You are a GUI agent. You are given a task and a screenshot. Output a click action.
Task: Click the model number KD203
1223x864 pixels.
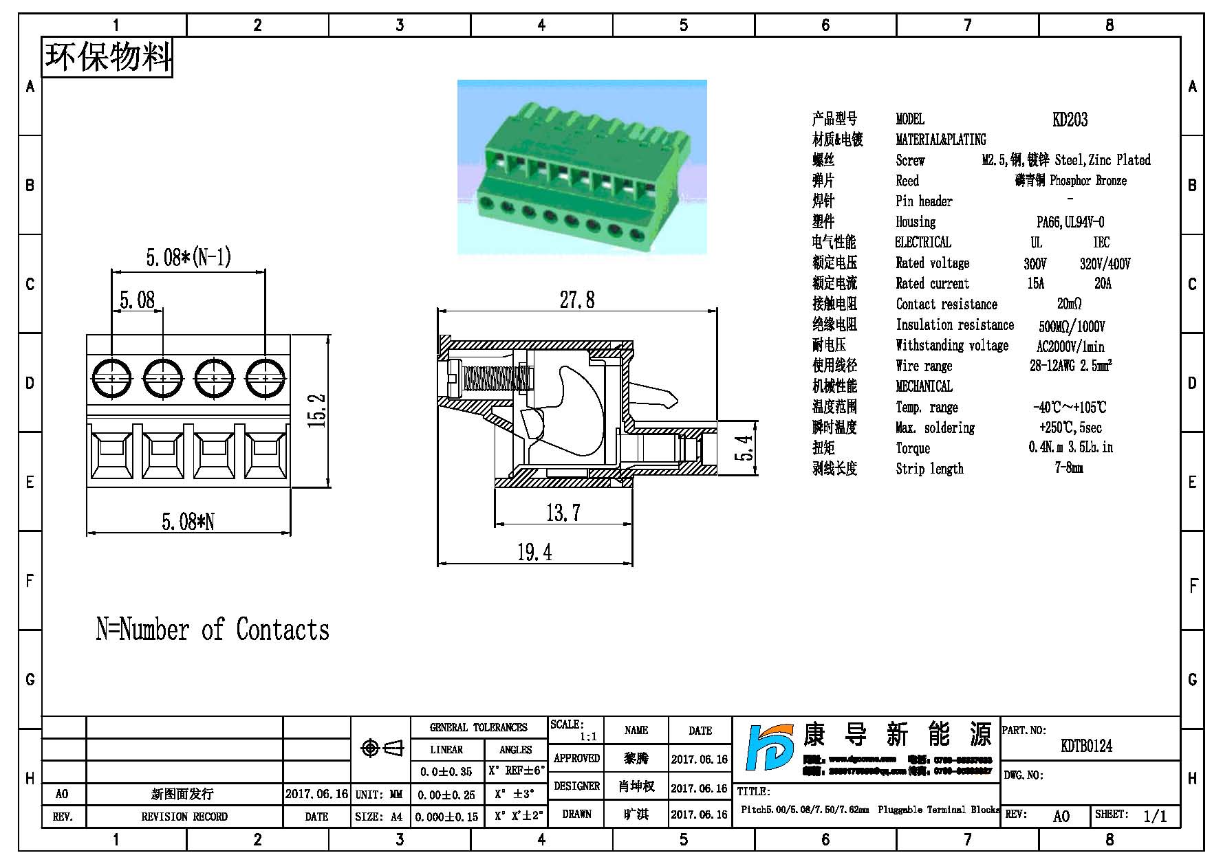coord(1070,120)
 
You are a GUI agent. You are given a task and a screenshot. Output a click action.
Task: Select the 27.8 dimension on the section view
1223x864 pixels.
coord(576,300)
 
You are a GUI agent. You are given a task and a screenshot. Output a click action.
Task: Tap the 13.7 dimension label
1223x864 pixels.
coord(563,513)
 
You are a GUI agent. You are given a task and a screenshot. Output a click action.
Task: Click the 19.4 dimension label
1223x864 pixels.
coord(534,552)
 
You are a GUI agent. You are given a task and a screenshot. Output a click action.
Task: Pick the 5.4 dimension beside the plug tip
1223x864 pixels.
coord(745,448)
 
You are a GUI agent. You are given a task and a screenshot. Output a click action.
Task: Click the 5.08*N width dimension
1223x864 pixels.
coord(188,522)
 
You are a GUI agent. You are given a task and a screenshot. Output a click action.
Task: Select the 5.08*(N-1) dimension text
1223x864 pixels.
coord(188,258)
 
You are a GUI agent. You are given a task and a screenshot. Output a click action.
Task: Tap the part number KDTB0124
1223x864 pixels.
coord(1086,746)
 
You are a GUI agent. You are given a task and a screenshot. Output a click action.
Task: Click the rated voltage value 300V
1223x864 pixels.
coord(1035,264)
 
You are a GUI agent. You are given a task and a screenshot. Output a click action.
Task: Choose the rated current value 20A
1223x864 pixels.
coord(1102,284)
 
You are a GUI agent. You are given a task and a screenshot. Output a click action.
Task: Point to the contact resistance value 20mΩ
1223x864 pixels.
coord(1069,304)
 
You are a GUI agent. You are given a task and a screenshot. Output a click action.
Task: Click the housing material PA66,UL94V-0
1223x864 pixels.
coord(1070,222)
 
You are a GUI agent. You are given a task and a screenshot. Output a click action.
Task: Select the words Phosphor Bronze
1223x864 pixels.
coord(1088,181)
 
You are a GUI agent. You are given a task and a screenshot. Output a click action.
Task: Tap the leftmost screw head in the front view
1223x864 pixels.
coord(111,378)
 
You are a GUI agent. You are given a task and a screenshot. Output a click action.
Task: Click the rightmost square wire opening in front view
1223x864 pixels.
coord(265,452)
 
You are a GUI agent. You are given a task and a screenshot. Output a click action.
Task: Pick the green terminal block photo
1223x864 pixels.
coord(582,167)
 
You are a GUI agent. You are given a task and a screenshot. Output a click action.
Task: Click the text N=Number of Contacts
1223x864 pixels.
coord(213,630)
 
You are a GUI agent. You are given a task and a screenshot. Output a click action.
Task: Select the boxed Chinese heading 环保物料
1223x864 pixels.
coord(107,57)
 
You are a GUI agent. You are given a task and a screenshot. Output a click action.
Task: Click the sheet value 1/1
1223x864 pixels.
coord(1155,816)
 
